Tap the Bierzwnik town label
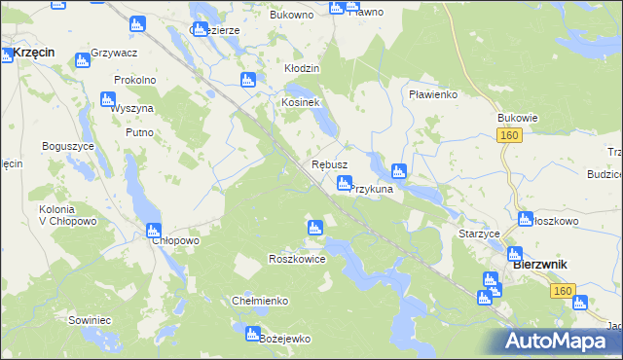tap(540, 265)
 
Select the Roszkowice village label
tap(296, 260)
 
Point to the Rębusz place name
tap(329, 165)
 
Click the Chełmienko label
tap(260, 301)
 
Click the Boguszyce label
tap(67, 145)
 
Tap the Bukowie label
tap(517, 118)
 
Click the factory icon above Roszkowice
tap(314, 228)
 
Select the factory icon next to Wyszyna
tap(108, 99)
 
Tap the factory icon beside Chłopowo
tap(153, 231)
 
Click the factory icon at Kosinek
tap(248, 80)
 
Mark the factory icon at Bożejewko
tap(252, 333)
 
